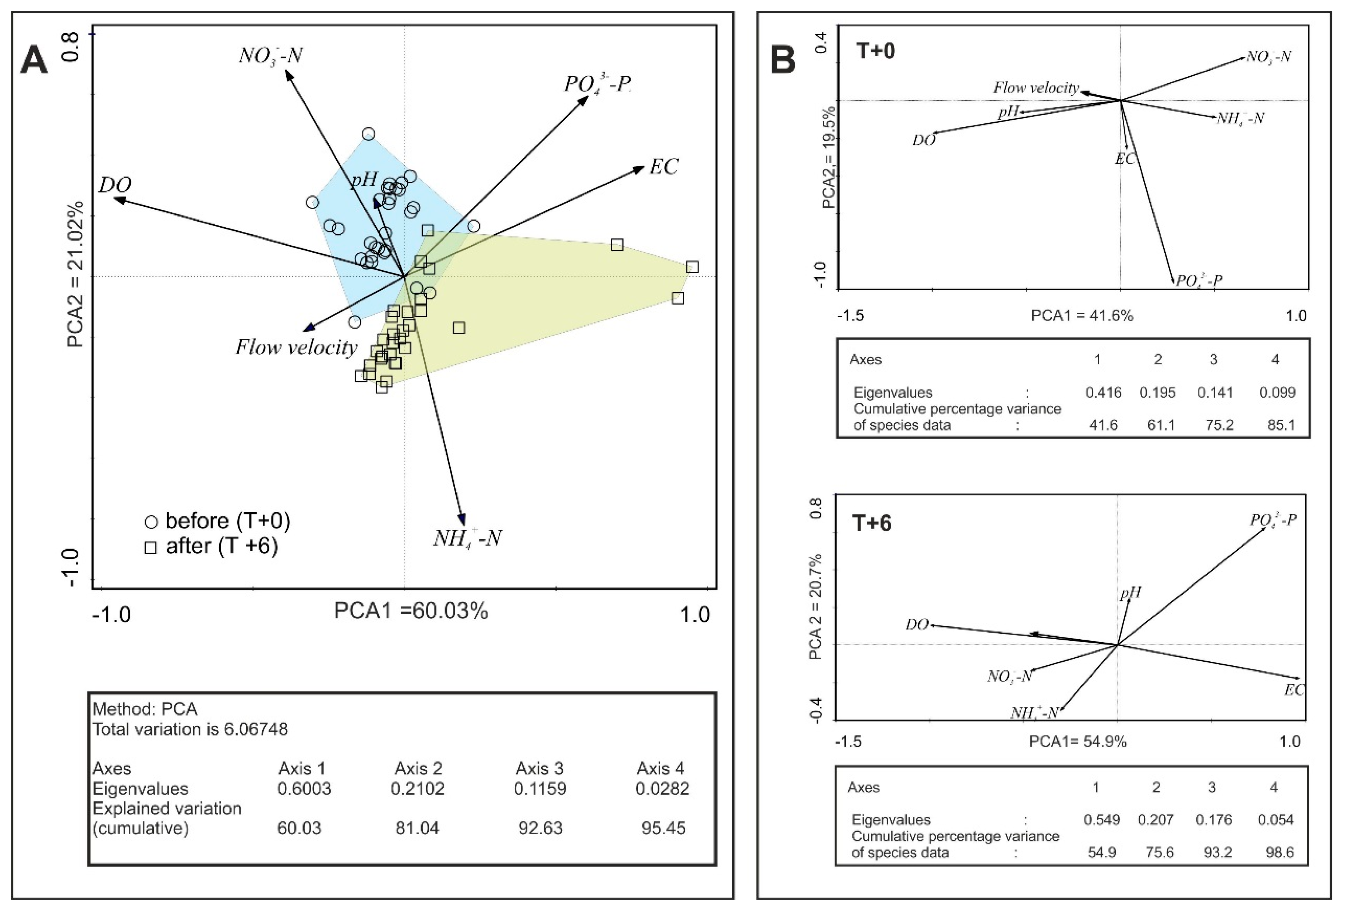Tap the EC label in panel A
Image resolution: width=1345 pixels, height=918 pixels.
(663, 167)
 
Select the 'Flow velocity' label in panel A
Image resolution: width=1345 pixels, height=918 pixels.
(296, 348)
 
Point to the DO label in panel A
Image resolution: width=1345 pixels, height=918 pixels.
(115, 185)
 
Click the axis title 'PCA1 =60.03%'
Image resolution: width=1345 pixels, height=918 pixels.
(411, 611)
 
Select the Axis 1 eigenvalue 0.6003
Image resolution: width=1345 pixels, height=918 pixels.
(304, 788)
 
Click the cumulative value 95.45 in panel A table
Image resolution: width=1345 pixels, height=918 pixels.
(663, 828)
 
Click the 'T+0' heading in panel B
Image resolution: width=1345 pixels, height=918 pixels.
(875, 51)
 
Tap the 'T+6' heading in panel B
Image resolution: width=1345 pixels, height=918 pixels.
(872, 523)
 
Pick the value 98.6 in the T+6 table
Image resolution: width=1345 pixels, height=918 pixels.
(1279, 852)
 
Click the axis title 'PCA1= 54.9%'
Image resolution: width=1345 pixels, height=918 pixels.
(1078, 741)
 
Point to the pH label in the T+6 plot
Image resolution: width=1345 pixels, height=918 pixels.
(1130, 593)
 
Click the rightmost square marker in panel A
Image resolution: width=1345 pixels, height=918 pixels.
(692, 267)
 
